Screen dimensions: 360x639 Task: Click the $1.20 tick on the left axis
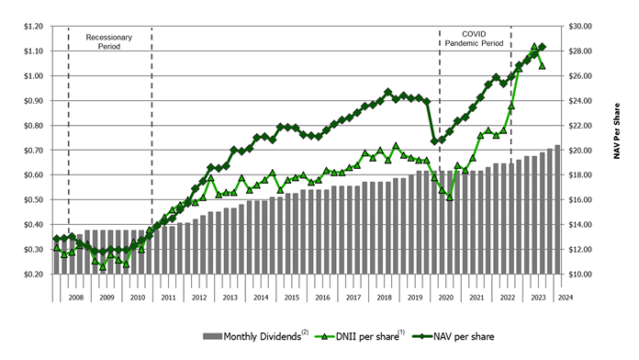pyautogui.click(x=35, y=26)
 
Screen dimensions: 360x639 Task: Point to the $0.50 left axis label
pyautogui.click(x=35, y=199)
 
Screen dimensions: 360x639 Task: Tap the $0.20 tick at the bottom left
pyautogui.click(x=35, y=274)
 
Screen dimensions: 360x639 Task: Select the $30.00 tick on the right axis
pyautogui.click(x=584, y=26)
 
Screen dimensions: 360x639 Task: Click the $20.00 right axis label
pyautogui.click(x=584, y=150)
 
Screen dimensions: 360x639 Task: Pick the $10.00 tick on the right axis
pyautogui.click(x=584, y=274)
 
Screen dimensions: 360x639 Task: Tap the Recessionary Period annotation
pyautogui.click(x=109, y=42)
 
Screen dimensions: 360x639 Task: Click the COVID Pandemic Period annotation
pyautogui.click(x=474, y=38)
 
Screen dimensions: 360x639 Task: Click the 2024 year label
pyautogui.click(x=566, y=298)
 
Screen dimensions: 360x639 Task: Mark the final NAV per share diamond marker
pyautogui.click(x=542, y=47)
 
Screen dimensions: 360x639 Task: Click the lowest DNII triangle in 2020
pyautogui.click(x=450, y=197)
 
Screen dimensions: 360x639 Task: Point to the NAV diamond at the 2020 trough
pyautogui.click(x=434, y=141)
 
